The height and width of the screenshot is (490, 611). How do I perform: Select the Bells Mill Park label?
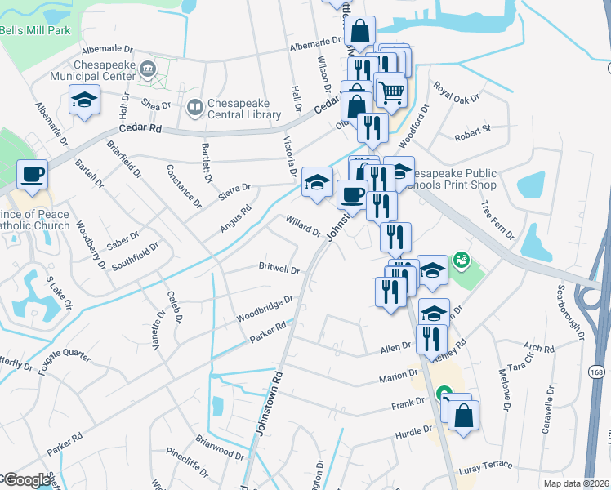(35, 30)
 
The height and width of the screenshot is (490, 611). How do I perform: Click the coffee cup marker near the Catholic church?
(32, 174)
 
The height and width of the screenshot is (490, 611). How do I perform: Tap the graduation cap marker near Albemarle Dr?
(84, 100)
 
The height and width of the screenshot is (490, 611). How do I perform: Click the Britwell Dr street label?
(279, 269)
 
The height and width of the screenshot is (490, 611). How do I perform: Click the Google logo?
(26, 480)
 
